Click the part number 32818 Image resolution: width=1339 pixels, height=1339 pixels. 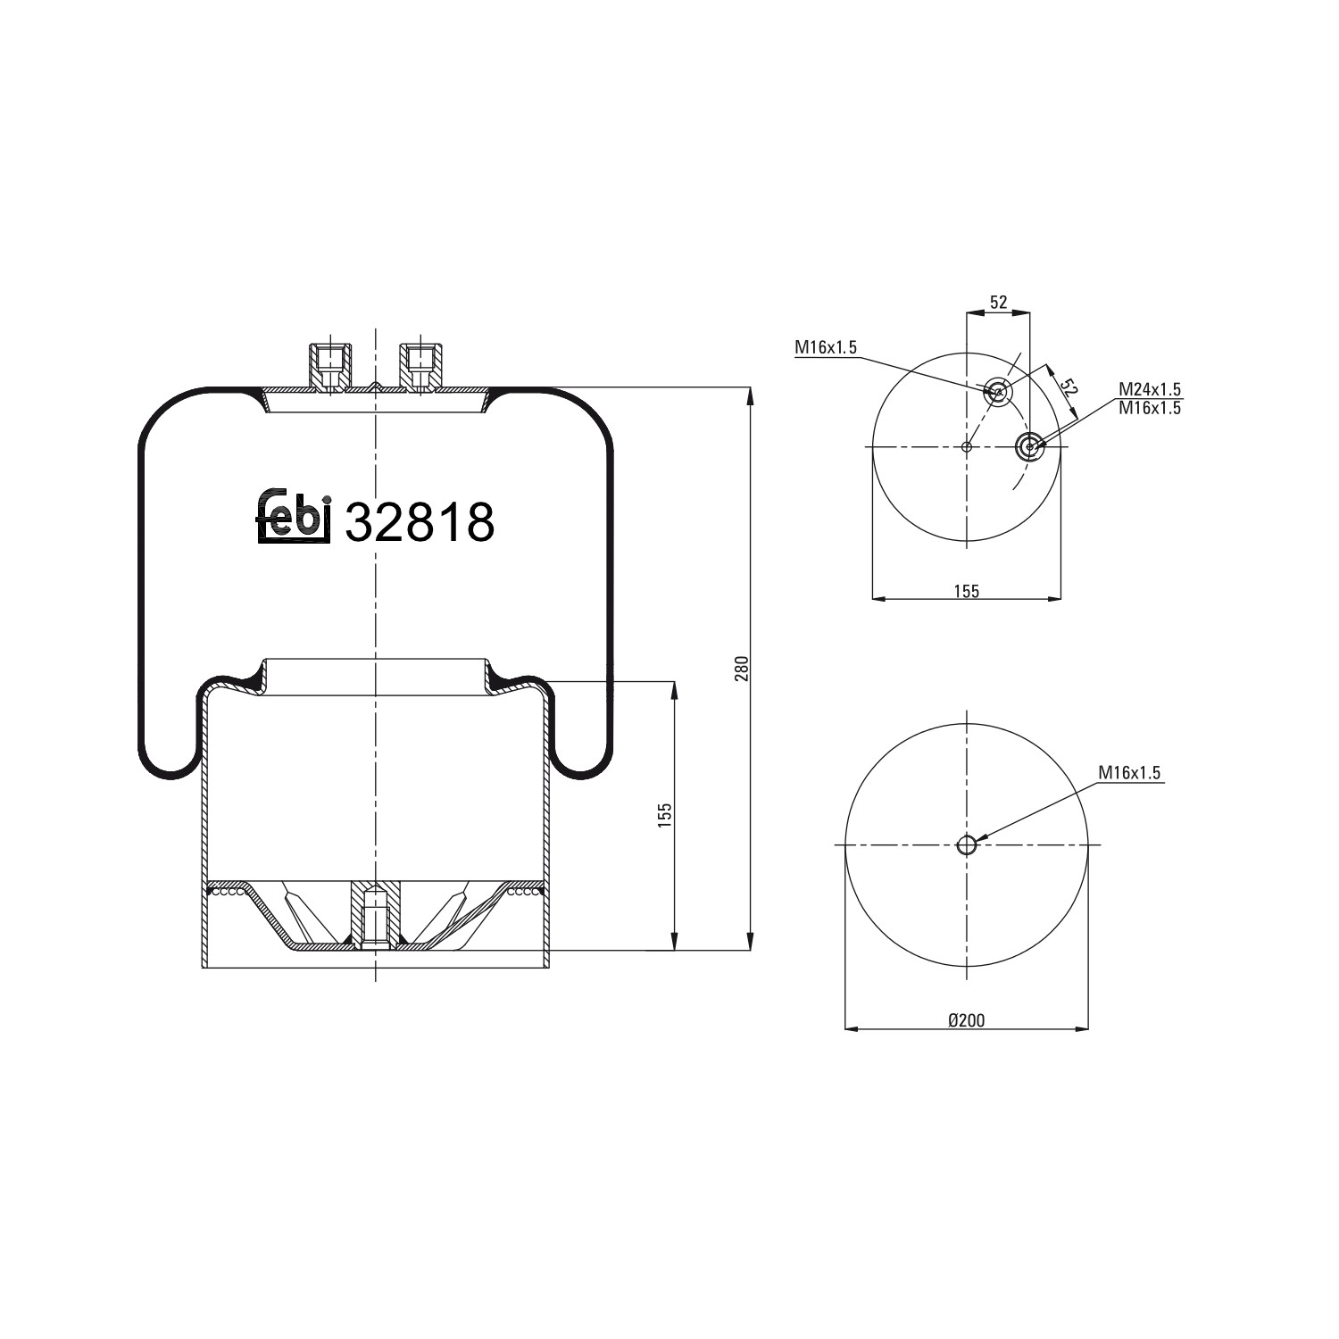coord(419,522)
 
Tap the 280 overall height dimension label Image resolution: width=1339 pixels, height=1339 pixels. coord(740,669)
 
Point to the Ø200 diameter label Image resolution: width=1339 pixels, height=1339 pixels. coord(966,1019)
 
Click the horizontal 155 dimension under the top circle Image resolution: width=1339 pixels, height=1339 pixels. coord(966,590)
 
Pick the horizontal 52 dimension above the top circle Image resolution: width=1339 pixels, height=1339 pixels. coord(998,303)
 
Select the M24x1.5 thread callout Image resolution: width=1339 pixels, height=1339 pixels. coord(1150,389)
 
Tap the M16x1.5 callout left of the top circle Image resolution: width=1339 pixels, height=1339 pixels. coord(826,348)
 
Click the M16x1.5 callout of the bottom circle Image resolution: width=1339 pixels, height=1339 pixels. coord(1129,773)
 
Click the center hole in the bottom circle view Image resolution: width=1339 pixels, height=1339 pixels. coord(967,844)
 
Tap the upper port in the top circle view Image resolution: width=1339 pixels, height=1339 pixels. coord(997,391)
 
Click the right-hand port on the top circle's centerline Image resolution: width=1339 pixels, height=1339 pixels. coord(1029,446)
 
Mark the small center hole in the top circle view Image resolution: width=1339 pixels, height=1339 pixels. coord(967,446)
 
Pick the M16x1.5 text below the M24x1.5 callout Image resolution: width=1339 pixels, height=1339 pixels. coord(1150,408)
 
